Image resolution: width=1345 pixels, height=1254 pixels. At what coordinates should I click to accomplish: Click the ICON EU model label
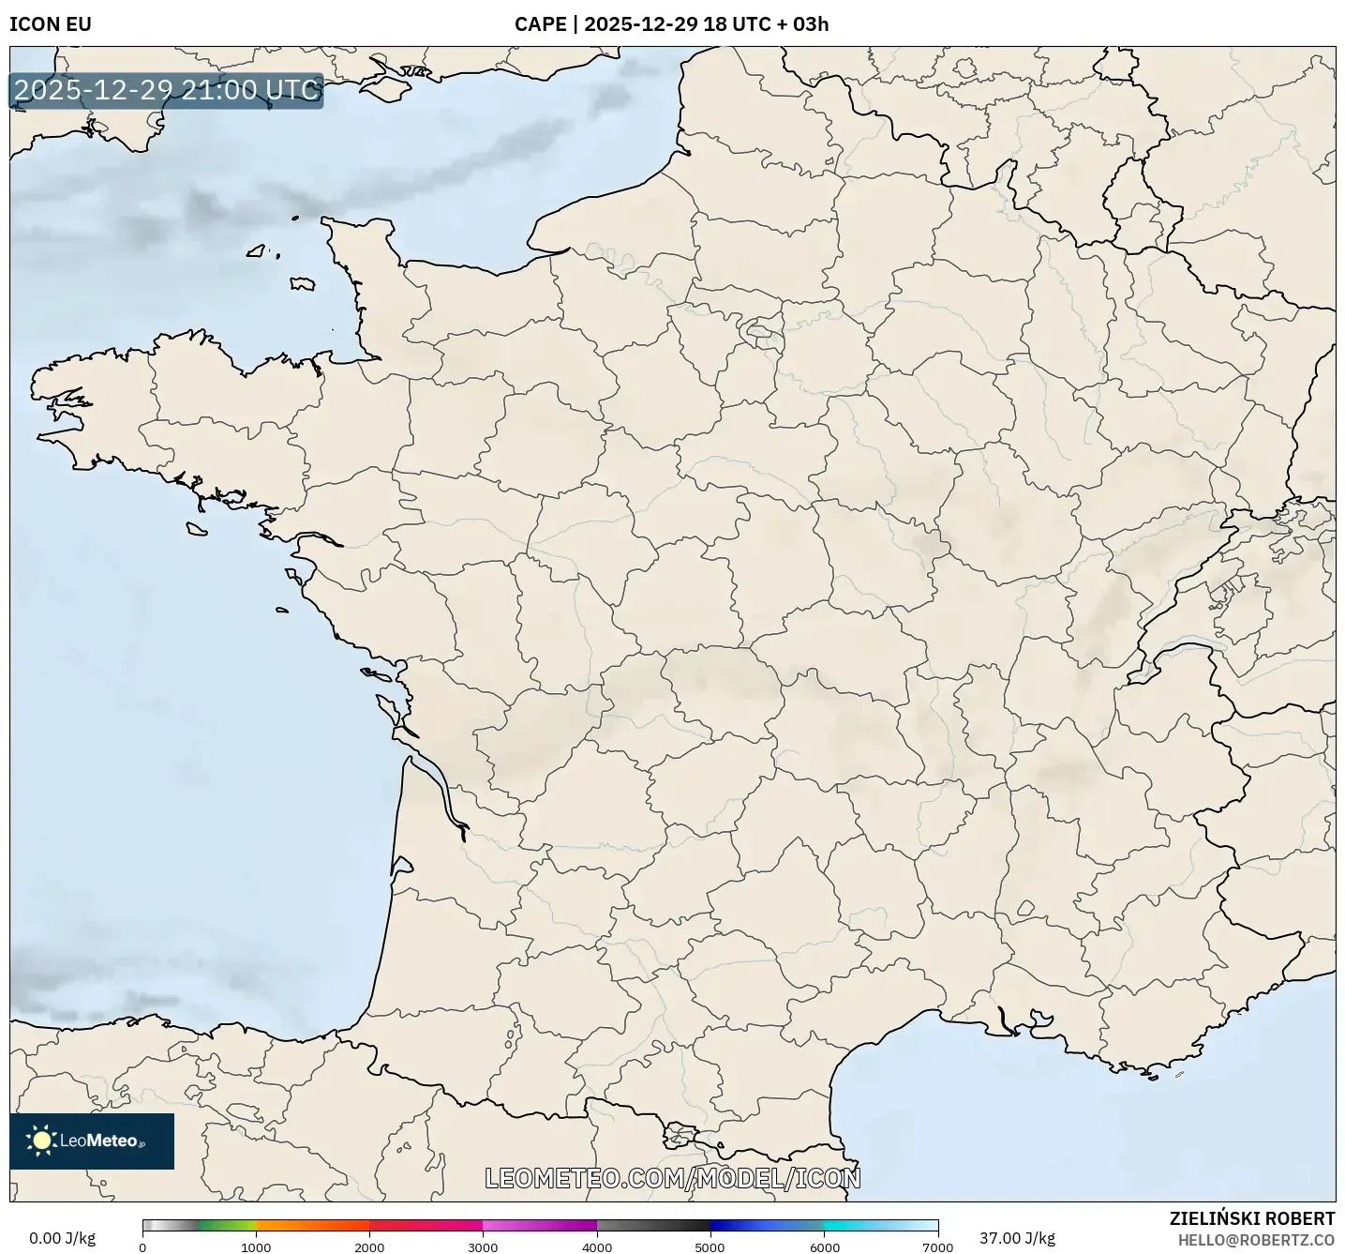coord(51,23)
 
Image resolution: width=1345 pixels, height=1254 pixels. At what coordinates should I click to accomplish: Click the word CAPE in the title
coord(540,23)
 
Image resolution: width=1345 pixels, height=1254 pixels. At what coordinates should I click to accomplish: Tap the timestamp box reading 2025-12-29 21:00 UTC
coord(167,90)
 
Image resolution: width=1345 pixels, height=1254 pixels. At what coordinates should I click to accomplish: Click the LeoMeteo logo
coord(92,1141)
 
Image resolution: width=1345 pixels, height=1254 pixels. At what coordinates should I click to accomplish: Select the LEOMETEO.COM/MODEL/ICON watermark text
coord(672,1178)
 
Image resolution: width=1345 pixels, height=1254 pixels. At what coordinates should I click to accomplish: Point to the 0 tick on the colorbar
coord(142,1247)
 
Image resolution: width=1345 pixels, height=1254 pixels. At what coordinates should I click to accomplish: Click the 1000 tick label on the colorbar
coord(256,1247)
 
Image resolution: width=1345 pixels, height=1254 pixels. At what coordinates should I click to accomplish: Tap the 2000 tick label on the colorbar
coord(369,1247)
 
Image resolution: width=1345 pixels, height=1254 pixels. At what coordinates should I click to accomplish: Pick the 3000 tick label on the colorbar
coord(483,1247)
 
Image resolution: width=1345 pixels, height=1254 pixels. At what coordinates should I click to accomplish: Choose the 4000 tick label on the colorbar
coord(597,1247)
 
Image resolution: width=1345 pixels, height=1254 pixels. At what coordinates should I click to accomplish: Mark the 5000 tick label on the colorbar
coord(710,1247)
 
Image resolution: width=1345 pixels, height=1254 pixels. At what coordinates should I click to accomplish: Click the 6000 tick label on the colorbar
coord(824,1247)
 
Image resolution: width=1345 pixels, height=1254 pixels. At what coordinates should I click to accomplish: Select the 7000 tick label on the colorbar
coord(937,1247)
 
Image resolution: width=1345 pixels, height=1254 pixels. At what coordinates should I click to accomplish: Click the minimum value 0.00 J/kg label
coord(62,1238)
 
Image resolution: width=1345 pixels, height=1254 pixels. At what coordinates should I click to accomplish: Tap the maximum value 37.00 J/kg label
coord(1017,1238)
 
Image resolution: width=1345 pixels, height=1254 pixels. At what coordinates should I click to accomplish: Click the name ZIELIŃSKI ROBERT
coord(1252,1218)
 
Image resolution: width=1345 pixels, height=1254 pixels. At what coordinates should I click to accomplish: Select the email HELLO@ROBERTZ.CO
coord(1256,1240)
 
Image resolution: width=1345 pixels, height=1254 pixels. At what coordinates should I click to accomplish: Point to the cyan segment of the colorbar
coord(853,1225)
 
